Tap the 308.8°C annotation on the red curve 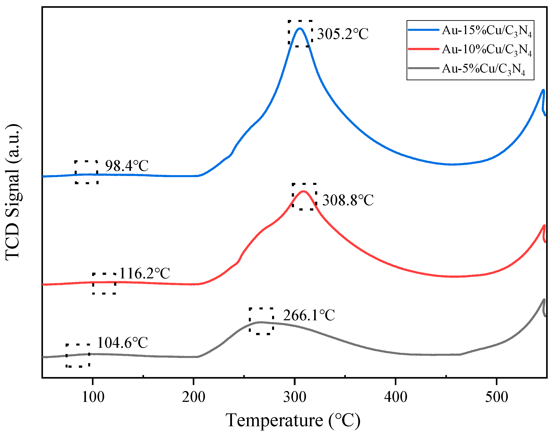pos(348,200)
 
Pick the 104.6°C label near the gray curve pos(123,343)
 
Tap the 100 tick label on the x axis pos(93,397)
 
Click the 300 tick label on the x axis pos(295,397)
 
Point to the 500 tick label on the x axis pos(497,397)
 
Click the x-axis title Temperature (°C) pos(293,420)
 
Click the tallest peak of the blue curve pos(300,29)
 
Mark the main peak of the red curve pos(303,191)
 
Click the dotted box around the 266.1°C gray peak pos(261,321)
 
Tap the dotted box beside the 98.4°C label pos(86,172)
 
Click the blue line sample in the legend pos(423,30)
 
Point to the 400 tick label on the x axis pos(395,397)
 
